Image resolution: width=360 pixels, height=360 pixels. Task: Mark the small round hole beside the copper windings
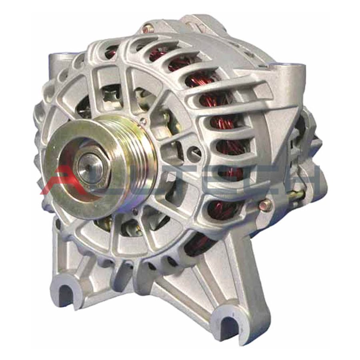coord(195,151)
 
